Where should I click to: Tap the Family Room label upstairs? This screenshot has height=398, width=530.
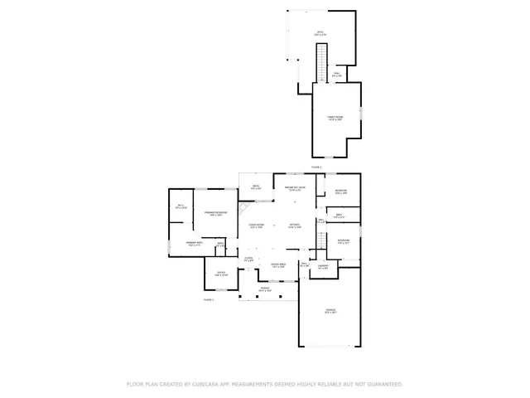coord(335,119)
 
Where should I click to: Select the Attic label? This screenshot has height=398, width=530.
coord(320,34)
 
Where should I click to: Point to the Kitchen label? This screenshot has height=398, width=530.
coord(294,226)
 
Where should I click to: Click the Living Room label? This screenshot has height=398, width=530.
coord(256,226)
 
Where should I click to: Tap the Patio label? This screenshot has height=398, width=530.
coord(256,188)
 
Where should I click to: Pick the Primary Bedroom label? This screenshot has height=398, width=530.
coord(215,214)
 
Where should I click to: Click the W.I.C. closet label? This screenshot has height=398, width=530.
coord(181,206)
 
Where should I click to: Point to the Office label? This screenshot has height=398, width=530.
coord(220,274)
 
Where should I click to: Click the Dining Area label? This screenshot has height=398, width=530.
coord(277,265)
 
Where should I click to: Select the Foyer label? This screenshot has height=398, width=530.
coord(248,260)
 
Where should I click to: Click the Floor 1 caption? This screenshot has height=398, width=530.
coord(316,167)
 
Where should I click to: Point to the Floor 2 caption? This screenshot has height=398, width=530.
coord(209,299)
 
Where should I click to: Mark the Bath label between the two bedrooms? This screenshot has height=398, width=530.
coord(339,216)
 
